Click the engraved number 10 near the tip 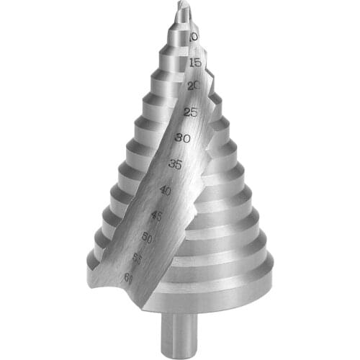(x=193, y=36)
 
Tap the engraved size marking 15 (x=194, y=63)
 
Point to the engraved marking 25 (x=191, y=112)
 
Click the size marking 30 (x=182, y=138)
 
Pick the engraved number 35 (x=175, y=164)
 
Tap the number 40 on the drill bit (x=165, y=191)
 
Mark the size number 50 (x=148, y=237)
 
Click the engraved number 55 (x=138, y=256)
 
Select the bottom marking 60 (x=128, y=277)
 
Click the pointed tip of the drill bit (x=183, y=5)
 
